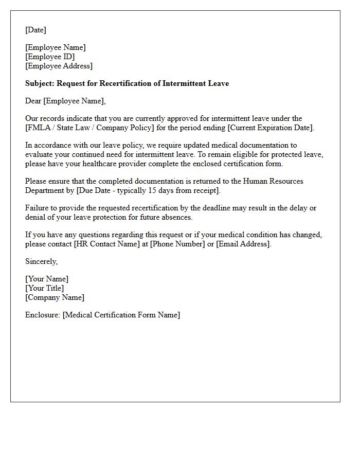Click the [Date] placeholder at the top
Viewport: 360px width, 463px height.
[35, 30]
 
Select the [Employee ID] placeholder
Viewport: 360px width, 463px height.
[50, 57]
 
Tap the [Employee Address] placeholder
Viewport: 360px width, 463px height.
[59, 66]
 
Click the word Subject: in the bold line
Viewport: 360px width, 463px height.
[40, 83]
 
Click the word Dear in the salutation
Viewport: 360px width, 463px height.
[33, 101]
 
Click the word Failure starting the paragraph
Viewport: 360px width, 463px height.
[38, 208]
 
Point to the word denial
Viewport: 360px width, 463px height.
[36, 217]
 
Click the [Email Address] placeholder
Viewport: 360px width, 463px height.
[243, 244]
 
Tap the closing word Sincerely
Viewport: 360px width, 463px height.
[41, 261]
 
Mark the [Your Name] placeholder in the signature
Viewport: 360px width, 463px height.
[47, 279]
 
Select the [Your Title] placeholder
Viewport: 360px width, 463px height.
[45, 288]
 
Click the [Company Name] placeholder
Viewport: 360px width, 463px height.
[55, 297]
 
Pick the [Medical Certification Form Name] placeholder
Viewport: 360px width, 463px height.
[121, 315]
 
